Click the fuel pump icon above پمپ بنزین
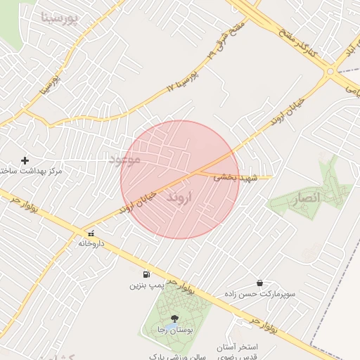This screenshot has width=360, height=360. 146,274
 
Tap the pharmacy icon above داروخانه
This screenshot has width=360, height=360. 91,233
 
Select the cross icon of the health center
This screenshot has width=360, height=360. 25,160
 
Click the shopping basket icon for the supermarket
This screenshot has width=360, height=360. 260,283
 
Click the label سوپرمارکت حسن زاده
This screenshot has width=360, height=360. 257,293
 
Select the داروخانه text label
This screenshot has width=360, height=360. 91,243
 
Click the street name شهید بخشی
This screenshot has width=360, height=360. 236,178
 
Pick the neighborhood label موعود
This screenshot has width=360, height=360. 124,160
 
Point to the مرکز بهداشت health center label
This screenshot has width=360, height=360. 32,171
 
